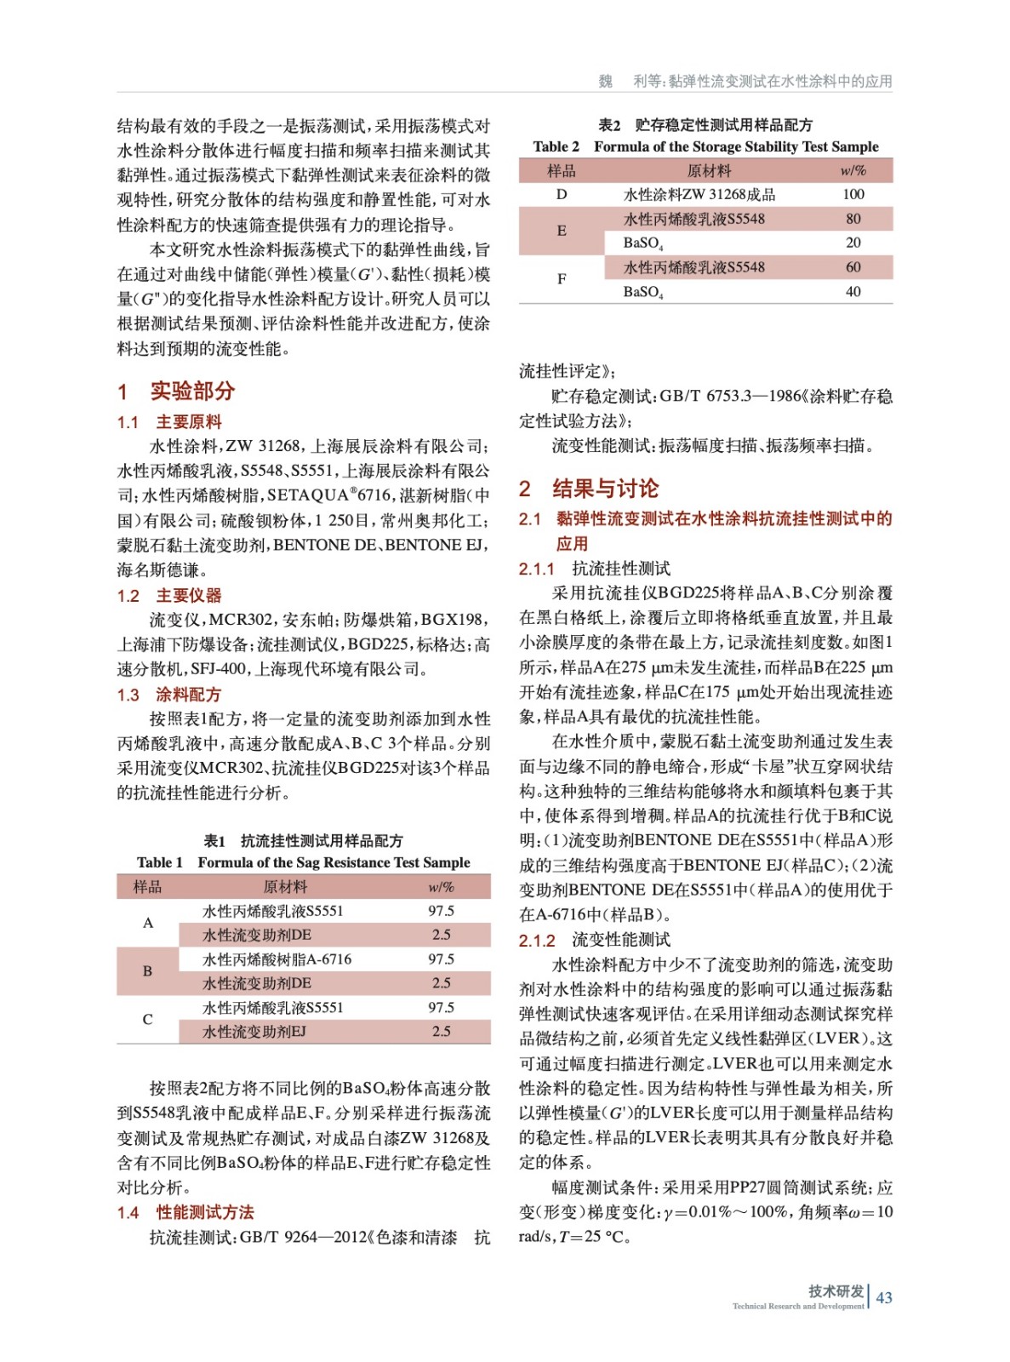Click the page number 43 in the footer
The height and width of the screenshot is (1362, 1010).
coord(884,1297)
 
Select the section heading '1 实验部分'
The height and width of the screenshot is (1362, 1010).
coord(176,391)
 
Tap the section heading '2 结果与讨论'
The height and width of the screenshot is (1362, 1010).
coord(589,489)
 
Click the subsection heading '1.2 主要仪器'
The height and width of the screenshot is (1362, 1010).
coord(169,595)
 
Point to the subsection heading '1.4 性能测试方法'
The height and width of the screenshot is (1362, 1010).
coord(185,1212)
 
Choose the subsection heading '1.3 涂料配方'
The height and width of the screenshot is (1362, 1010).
coord(169,695)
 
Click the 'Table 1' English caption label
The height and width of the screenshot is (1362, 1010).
coord(160,862)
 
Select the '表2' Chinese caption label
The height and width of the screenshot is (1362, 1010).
coord(609,125)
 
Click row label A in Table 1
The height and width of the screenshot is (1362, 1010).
coord(148,923)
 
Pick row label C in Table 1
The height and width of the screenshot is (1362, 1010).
coord(148,1019)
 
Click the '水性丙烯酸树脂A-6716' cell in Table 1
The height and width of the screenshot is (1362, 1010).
coord(277,959)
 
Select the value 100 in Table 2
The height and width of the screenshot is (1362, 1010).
coord(853,194)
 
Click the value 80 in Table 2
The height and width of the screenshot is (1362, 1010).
coord(853,219)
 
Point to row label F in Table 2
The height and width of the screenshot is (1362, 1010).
coord(562,279)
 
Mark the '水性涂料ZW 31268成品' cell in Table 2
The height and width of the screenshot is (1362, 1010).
coord(699,194)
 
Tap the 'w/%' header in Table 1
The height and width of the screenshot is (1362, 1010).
coord(441,887)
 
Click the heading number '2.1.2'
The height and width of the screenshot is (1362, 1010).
coord(537,941)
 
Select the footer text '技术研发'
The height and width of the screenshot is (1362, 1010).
coord(836,1291)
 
